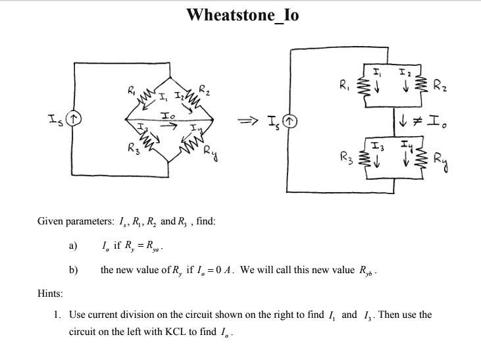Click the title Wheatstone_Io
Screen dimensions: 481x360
243,15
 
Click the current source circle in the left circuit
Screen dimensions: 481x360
74,118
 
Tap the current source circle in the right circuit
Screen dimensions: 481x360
290,121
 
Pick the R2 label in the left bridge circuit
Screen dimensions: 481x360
204,90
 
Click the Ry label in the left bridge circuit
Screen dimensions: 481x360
211,153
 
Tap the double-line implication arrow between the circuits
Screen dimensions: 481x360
247,121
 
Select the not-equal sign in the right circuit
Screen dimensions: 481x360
417,121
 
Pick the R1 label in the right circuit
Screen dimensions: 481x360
345,84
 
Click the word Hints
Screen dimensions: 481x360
50,294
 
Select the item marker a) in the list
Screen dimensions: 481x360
73,245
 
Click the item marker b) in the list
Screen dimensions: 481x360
73,270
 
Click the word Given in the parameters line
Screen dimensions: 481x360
50,221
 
